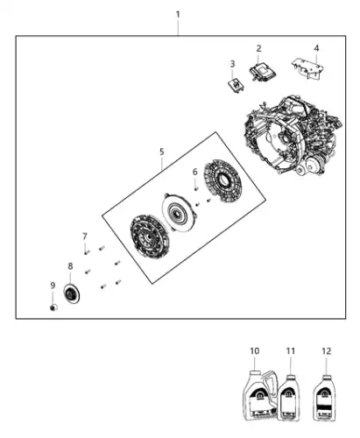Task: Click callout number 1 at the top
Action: (x=178, y=14)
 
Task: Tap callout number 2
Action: (x=258, y=48)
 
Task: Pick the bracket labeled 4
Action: (x=307, y=69)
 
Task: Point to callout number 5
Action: (x=162, y=152)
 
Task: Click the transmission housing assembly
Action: (x=293, y=137)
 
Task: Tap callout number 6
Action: (x=195, y=173)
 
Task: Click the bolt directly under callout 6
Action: (x=196, y=189)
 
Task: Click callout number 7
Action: (x=85, y=236)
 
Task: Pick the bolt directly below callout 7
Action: (x=87, y=252)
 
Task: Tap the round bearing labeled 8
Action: (x=72, y=293)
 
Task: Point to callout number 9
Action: (x=53, y=286)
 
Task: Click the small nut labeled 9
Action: (x=53, y=307)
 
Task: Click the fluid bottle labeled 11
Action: (x=288, y=399)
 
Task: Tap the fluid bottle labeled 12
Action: (x=324, y=399)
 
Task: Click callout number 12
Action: (x=327, y=351)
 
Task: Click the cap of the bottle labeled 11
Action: (x=290, y=378)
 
